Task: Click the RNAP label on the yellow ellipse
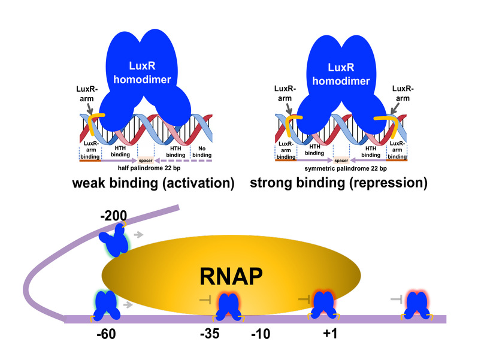click(231, 277)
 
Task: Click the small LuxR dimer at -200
click(114, 239)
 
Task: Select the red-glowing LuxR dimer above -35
click(228, 305)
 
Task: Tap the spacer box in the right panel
click(341, 161)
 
